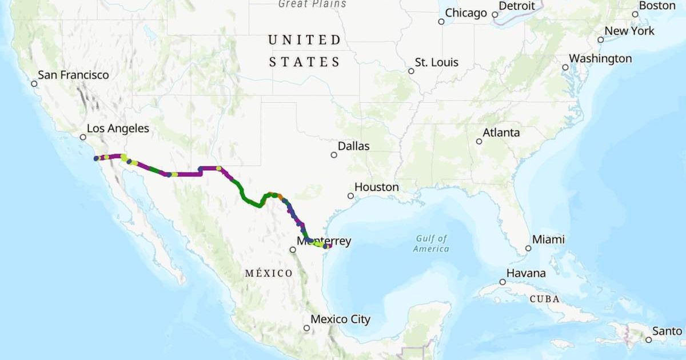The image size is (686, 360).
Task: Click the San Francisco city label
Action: (73, 75)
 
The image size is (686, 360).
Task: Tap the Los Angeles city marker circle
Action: (83, 137)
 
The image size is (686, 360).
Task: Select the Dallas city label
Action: (353, 146)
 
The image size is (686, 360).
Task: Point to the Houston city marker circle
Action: (350, 196)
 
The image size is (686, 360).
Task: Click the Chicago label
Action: (466, 13)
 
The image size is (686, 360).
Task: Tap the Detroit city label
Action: (517, 6)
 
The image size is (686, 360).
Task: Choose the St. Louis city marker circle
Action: (411, 71)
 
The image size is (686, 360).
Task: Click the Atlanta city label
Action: (501, 133)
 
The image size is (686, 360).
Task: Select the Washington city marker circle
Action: (565, 67)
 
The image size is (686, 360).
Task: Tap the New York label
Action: (629, 31)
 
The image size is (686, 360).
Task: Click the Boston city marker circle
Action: (635, 14)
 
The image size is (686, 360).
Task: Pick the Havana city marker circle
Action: (502, 282)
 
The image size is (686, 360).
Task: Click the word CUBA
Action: (544, 299)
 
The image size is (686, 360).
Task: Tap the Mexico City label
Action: (340, 319)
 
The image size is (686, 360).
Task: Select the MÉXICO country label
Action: (269, 273)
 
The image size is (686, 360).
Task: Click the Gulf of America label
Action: (432, 243)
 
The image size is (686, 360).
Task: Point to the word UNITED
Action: (305, 40)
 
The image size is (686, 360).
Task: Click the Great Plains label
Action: (312, 4)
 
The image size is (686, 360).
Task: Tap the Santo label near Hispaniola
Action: (667, 331)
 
